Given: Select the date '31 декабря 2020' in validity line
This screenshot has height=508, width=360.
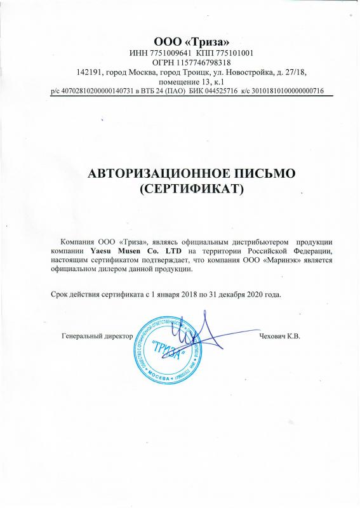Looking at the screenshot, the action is click(224, 295).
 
